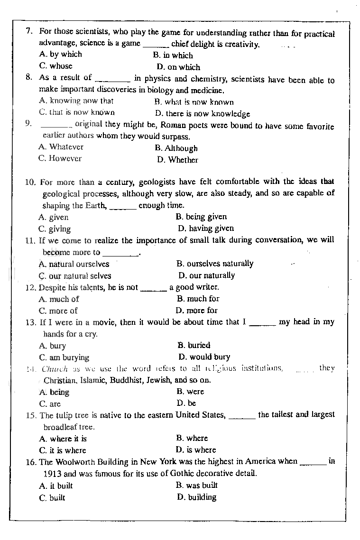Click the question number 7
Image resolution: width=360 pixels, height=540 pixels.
tap(28, 31)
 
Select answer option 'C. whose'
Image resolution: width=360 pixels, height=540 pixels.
tap(55, 66)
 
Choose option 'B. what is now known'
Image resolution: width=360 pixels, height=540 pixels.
tap(194, 102)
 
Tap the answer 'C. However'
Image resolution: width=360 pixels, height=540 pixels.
tap(60, 159)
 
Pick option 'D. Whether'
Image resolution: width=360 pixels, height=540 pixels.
tap(177, 160)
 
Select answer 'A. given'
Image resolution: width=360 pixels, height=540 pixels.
tap(53, 217)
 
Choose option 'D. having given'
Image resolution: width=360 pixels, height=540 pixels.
tap(206, 228)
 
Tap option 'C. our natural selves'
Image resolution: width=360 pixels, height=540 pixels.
tap(75, 275)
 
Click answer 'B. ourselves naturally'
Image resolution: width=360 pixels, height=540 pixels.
tap(215, 264)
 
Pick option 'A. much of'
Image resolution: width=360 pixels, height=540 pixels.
tap(59, 299)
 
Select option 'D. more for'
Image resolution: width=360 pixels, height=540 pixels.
tap(196, 311)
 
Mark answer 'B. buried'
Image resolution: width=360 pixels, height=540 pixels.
tap(194, 345)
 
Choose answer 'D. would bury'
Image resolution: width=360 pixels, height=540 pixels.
tap(204, 357)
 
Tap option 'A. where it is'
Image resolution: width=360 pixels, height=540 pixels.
tap(63, 439)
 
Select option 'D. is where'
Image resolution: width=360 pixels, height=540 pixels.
tap(195, 450)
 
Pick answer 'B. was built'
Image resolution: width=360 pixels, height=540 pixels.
tap(196, 485)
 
